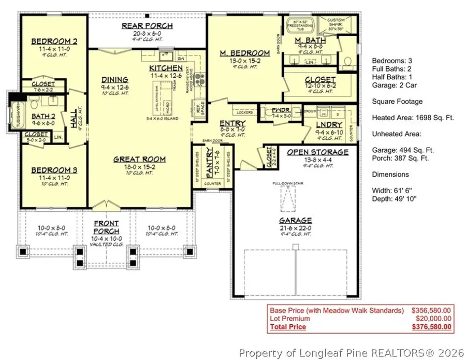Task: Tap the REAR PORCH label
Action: [147, 26]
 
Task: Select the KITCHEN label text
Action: [166, 68]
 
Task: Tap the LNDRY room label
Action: [330, 125]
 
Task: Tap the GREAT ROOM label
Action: [139, 160]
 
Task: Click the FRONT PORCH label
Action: [107, 227]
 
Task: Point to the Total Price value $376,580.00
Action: [431, 327]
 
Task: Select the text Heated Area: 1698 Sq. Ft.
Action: [413, 118]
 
